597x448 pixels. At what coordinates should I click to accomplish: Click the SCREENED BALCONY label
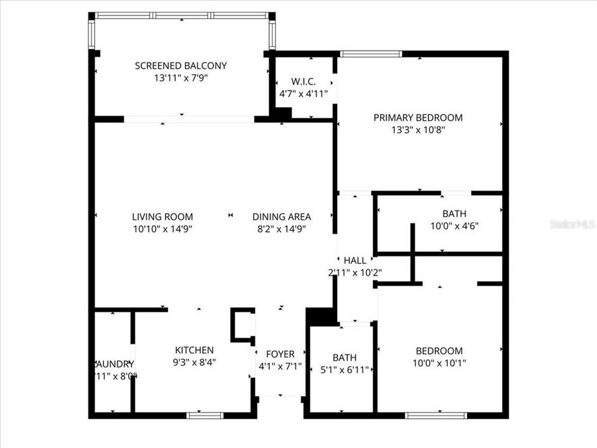click(x=180, y=65)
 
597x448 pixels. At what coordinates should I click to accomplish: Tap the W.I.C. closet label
click(x=303, y=82)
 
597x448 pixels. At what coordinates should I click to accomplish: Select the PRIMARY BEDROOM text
click(x=418, y=118)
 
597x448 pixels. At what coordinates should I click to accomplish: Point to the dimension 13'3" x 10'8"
click(x=418, y=130)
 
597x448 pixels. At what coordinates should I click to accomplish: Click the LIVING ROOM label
click(x=162, y=217)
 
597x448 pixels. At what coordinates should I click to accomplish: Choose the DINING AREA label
click(x=282, y=217)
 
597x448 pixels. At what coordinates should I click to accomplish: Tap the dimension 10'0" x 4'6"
click(x=454, y=226)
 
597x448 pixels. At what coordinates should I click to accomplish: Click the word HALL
click(x=354, y=260)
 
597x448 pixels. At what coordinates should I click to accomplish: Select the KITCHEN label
click(x=194, y=350)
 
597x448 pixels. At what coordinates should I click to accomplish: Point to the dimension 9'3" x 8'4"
click(x=194, y=362)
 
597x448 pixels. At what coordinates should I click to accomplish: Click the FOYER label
click(x=280, y=355)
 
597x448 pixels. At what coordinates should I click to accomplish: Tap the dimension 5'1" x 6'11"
click(x=344, y=370)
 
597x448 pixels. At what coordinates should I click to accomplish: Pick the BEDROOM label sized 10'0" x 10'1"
click(x=439, y=351)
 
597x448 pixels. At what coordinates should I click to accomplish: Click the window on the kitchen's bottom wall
click(x=205, y=414)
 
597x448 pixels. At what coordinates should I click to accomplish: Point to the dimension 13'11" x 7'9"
click(x=180, y=78)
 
